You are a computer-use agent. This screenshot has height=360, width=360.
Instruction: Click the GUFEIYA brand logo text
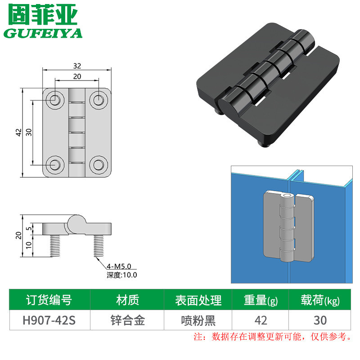[x=43, y=34]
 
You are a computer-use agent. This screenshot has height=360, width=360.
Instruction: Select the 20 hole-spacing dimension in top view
[x=77, y=76]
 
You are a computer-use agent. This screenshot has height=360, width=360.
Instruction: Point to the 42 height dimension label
[x=18, y=132]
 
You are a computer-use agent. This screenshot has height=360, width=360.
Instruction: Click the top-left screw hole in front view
[x=55, y=99]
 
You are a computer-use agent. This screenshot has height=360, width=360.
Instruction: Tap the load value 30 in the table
[x=320, y=320]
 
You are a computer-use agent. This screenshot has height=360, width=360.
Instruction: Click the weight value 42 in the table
[x=261, y=320]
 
